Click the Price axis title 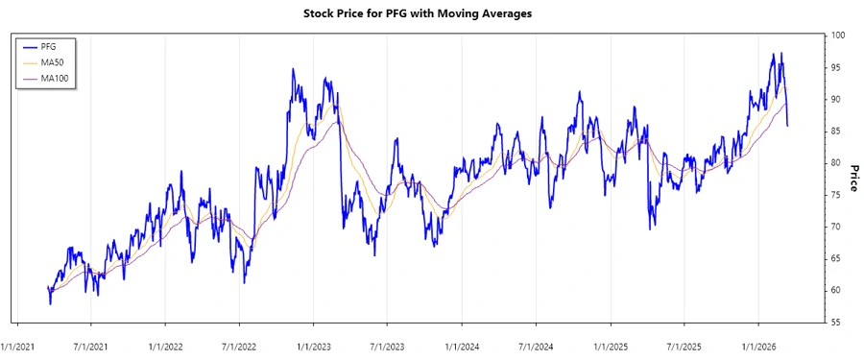[x=852, y=179]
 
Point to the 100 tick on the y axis [x=839, y=36]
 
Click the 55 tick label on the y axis [x=836, y=323]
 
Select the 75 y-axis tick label [x=836, y=195]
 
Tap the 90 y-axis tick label [x=836, y=99]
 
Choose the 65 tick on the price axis [x=836, y=258]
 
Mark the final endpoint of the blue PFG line [x=788, y=126]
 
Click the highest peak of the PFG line [x=781, y=53]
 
